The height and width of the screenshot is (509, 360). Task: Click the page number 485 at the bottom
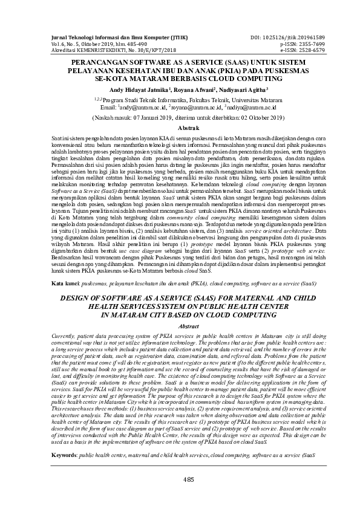(180, 479)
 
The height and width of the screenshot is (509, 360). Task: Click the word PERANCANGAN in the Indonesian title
(101, 62)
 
